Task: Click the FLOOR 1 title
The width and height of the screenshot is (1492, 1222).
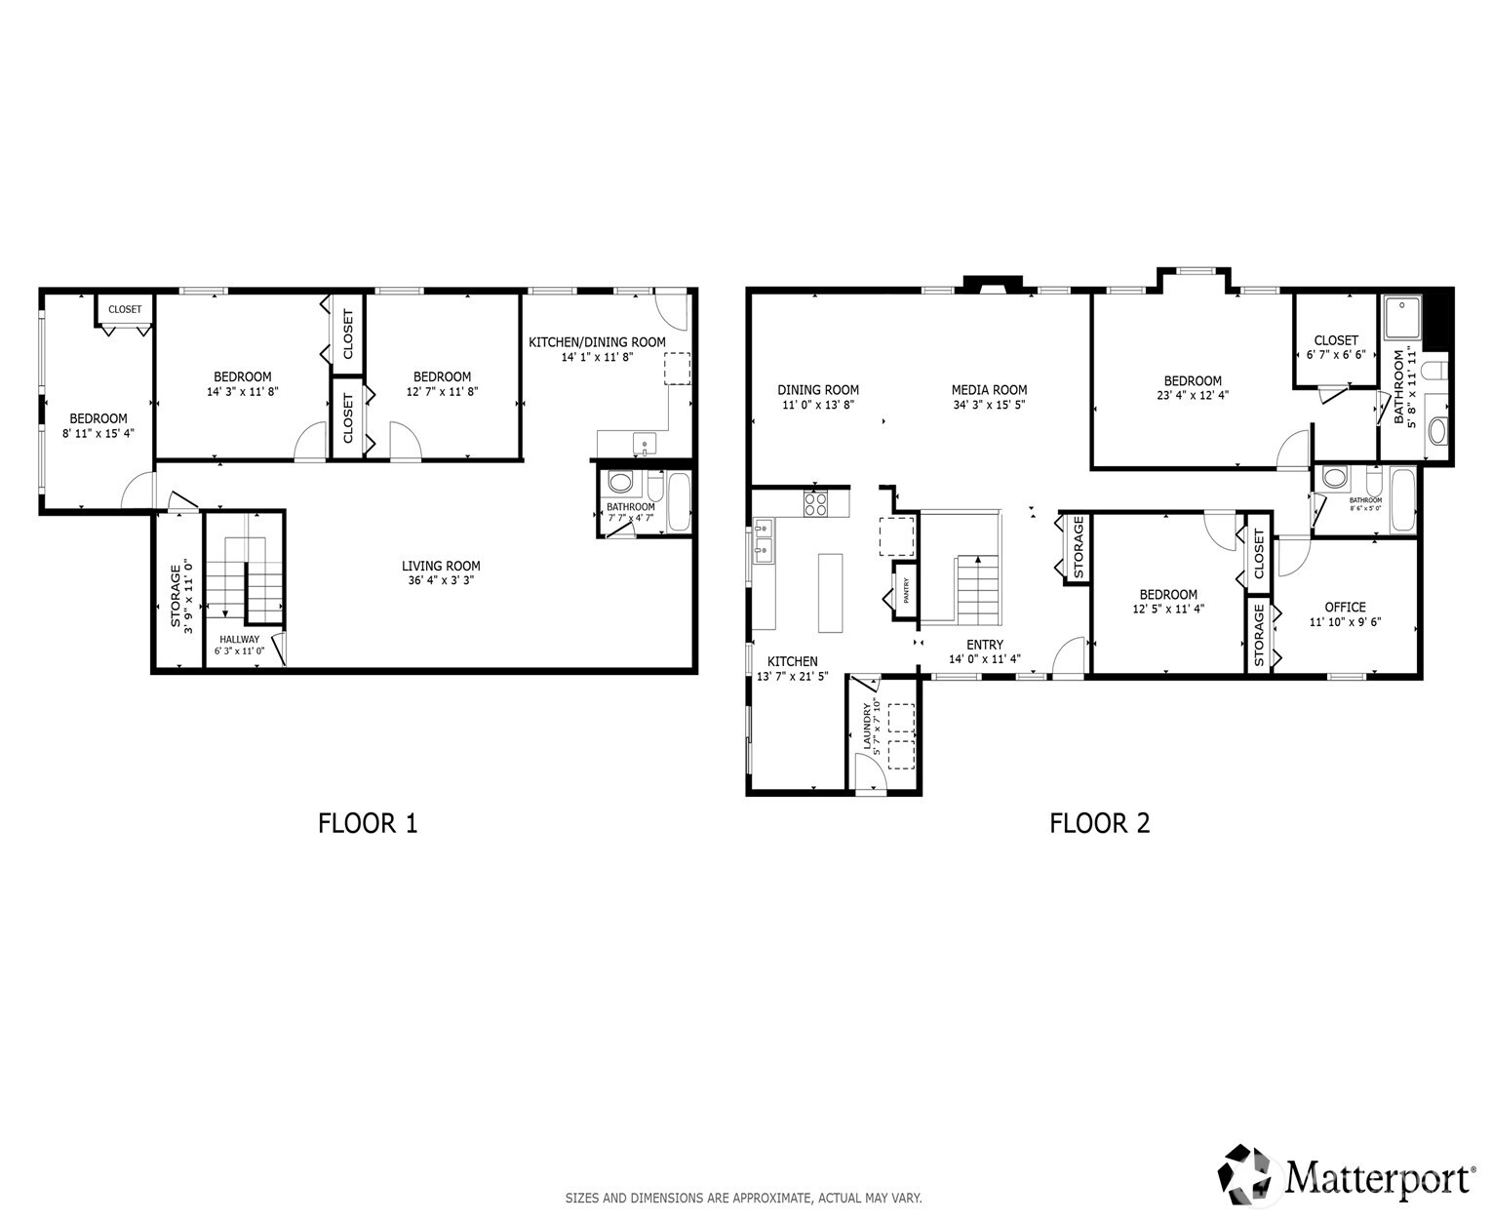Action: [x=368, y=824]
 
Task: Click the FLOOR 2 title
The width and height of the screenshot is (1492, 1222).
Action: [x=1099, y=824]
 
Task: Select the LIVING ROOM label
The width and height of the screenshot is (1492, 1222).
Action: [x=441, y=566]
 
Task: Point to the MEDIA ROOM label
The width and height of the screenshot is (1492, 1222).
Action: [x=989, y=390]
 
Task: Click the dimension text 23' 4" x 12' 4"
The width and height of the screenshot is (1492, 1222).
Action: [x=1192, y=396]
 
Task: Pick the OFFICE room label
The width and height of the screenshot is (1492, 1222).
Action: [x=1345, y=607]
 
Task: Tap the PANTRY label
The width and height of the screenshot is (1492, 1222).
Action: [x=906, y=590]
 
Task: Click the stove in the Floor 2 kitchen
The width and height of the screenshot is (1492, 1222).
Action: [x=815, y=503]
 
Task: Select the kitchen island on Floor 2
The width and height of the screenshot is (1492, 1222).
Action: [x=830, y=593]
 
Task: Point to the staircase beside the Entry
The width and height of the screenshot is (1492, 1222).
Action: [x=978, y=589]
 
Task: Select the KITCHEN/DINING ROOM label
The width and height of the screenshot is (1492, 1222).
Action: [x=597, y=342]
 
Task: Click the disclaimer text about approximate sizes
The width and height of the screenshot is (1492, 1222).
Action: [x=743, y=1198]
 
